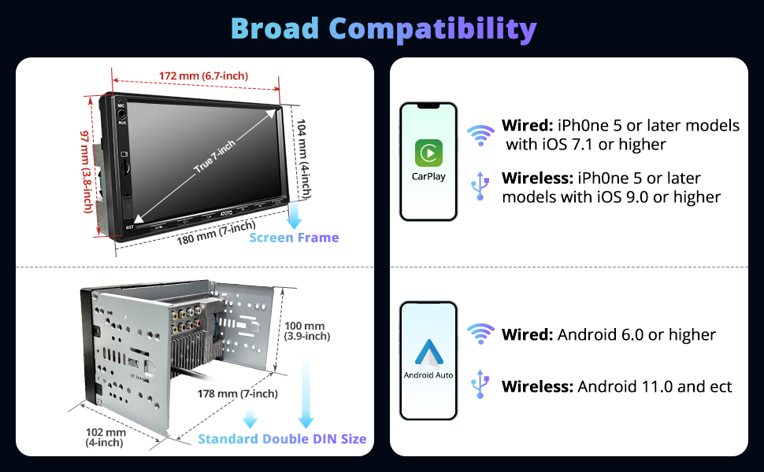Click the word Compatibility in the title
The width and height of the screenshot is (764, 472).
click(x=432, y=29)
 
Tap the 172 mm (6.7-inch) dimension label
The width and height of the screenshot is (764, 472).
click(x=203, y=76)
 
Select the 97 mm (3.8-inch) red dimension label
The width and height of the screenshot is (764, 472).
click(x=87, y=171)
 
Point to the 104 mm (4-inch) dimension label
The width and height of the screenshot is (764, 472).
click(x=303, y=159)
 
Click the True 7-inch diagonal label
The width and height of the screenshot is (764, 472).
click(x=214, y=157)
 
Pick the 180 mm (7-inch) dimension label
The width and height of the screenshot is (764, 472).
click(x=216, y=233)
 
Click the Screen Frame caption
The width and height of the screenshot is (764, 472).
click(x=294, y=238)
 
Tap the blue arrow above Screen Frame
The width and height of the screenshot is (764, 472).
click(x=294, y=215)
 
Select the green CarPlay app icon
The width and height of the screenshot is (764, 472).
click(x=428, y=153)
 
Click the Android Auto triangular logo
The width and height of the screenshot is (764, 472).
click(x=428, y=352)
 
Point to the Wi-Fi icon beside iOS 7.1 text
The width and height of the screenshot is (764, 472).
click(x=480, y=135)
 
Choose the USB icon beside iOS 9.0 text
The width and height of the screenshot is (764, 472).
click(x=480, y=186)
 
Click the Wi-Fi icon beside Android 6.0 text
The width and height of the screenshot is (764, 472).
click(x=480, y=334)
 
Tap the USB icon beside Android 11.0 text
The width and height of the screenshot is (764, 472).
click(x=480, y=385)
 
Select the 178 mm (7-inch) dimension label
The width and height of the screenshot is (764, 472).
click(x=237, y=393)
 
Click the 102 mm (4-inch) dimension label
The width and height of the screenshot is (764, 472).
click(x=106, y=437)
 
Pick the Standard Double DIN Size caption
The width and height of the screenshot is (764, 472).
click(x=282, y=439)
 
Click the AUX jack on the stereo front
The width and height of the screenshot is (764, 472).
click(x=122, y=114)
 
